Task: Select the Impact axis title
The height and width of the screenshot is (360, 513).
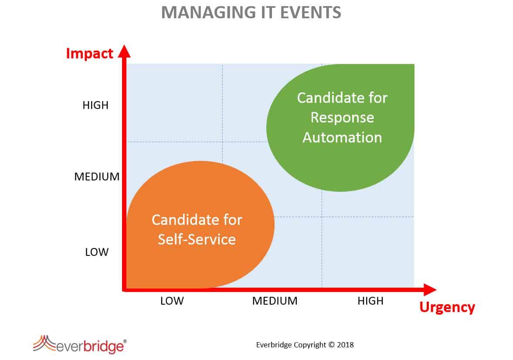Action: click(x=89, y=53)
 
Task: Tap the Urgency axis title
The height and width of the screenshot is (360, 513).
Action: click(x=447, y=307)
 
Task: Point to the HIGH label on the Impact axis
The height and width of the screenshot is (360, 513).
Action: click(x=95, y=105)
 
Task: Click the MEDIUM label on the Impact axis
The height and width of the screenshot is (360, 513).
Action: click(x=97, y=177)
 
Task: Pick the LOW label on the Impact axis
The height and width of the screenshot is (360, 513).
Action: click(x=96, y=252)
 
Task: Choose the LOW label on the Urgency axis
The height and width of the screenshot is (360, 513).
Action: click(x=172, y=301)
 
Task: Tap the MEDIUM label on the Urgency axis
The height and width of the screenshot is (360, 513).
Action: click(x=275, y=301)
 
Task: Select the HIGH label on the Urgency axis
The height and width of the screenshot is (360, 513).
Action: click(x=370, y=301)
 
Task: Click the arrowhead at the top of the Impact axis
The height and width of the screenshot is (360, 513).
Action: click(x=124, y=51)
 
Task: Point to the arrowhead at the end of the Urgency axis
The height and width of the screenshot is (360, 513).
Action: click(x=430, y=290)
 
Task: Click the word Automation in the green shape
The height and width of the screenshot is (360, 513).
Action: click(x=342, y=137)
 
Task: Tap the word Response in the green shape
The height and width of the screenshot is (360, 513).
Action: click(x=342, y=118)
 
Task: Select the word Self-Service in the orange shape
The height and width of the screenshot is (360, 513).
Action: click(x=197, y=239)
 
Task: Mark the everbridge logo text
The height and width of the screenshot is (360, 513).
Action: click(x=90, y=346)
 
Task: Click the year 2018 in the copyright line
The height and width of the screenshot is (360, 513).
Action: click(x=346, y=345)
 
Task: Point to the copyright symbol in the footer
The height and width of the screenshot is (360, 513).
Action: click(x=332, y=345)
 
